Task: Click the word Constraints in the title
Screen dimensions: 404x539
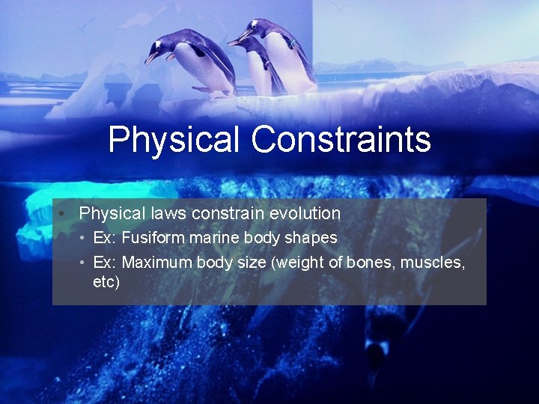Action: (341, 140)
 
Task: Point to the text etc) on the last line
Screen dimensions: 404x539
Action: (106, 282)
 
